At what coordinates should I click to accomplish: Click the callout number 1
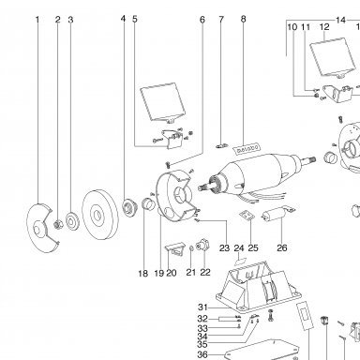pos(37,20)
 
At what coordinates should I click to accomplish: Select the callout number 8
pos(244,19)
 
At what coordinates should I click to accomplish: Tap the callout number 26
pos(282,247)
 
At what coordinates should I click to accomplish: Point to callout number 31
pos(202,307)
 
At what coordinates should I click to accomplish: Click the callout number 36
pos(202,354)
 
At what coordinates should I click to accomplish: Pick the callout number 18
pos(143,274)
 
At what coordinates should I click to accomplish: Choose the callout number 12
pos(324,27)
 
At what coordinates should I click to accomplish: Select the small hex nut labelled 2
pos(58,224)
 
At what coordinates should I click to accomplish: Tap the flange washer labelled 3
pos(72,220)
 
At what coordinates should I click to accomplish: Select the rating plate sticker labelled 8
pos(247,149)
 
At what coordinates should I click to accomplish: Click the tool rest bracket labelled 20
pos(175,249)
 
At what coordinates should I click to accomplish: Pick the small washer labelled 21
pos(191,249)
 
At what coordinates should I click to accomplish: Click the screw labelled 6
pos(169,163)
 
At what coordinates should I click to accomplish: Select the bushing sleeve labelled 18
pos(148,204)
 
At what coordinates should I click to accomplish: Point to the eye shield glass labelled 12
pos(332,57)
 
